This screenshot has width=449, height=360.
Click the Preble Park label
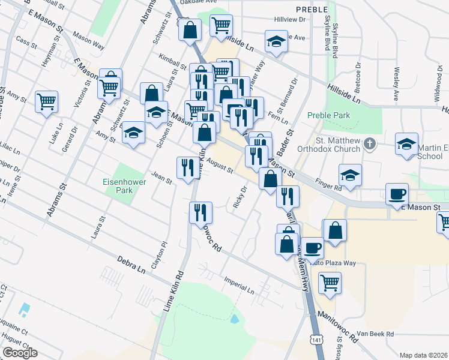coord(328,115)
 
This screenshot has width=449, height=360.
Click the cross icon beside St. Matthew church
coord(370,144)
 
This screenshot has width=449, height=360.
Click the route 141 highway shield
coord(316,340)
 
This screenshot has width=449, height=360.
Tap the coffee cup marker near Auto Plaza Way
coord(312,247)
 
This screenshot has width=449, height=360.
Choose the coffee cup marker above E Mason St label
coord(397,194)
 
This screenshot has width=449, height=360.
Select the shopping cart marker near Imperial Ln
coord(330,282)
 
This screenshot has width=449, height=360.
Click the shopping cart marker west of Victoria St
coord(46,101)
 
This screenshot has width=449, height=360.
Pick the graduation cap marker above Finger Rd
coord(350,175)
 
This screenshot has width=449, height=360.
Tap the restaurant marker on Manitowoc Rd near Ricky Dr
coord(200,212)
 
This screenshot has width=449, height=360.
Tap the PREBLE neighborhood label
coord(312,10)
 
